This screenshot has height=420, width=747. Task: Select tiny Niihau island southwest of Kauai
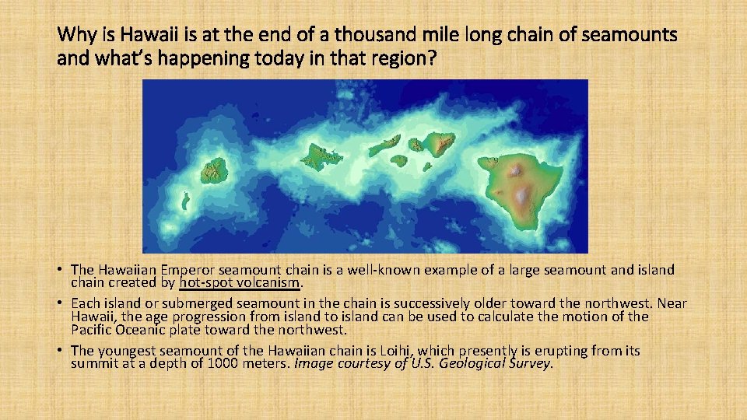(185, 201)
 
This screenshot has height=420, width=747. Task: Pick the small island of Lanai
(398, 161)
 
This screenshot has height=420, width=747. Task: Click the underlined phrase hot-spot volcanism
(240, 283)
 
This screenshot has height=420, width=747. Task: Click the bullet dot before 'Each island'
(59, 303)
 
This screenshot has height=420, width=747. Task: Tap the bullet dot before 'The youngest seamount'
(59, 352)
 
